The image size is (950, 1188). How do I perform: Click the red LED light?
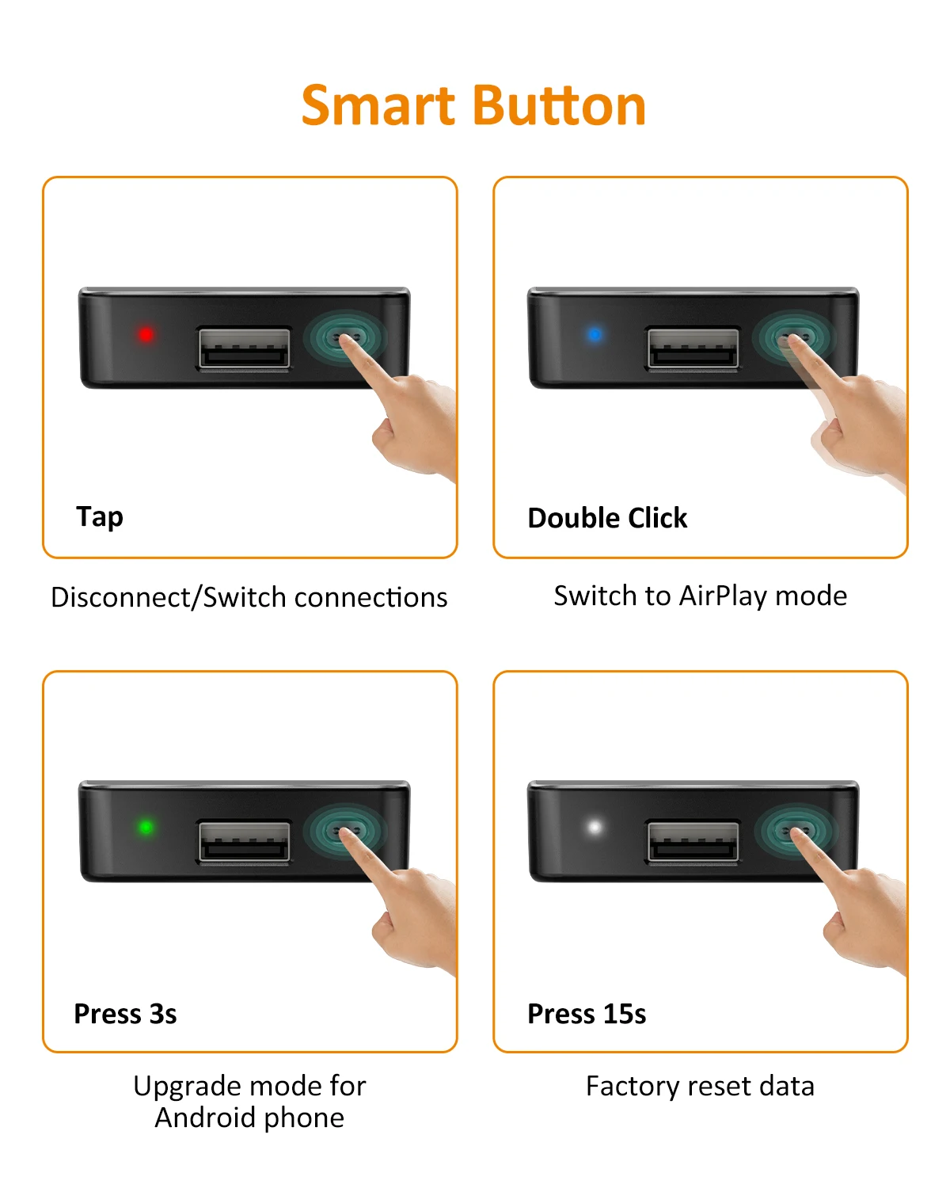[x=146, y=334]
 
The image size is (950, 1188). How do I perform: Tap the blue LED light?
[x=595, y=334]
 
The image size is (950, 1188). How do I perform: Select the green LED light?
[x=146, y=827]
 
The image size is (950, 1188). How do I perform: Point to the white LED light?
[x=595, y=827]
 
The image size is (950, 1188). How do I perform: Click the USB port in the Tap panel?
[x=244, y=348]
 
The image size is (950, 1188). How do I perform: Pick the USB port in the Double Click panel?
[x=693, y=348]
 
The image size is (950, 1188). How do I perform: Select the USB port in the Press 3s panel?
[x=244, y=841]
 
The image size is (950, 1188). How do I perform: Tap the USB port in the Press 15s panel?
[x=693, y=841]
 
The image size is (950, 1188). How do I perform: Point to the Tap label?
[x=100, y=517]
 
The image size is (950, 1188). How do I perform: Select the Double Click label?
[x=607, y=518]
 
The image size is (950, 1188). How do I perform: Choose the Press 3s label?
[x=125, y=1014]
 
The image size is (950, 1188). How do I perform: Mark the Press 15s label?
[x=586, y=1014]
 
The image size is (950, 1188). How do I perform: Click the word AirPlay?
[x=723, y=596]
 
